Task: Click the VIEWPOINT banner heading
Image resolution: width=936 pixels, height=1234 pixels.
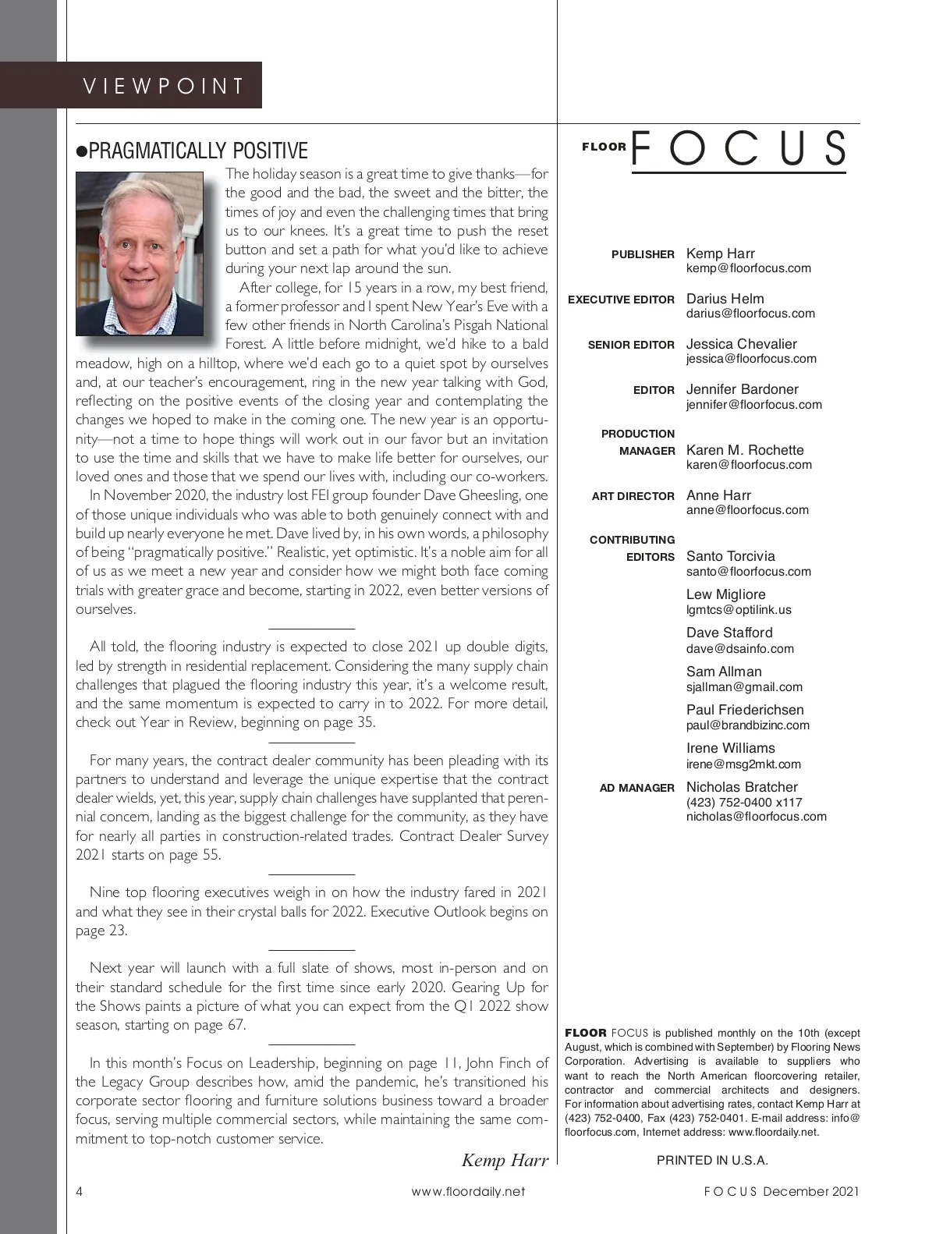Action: [163, 85]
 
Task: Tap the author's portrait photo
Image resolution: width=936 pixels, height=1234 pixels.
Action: [140, 254]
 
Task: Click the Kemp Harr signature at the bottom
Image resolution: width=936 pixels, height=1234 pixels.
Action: [505, 1160]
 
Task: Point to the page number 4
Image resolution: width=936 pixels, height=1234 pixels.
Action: [80, 1191]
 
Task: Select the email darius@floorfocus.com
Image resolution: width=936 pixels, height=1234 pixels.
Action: [750, 314]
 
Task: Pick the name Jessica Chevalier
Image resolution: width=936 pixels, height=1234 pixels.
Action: [741, 344]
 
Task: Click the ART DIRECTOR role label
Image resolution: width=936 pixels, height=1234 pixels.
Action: [633, 496]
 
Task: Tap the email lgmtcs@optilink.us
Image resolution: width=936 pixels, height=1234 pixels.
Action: [739, 610]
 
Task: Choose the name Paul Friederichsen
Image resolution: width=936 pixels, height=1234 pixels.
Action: [745, 710]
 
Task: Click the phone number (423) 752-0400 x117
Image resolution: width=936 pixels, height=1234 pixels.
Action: [744, 802]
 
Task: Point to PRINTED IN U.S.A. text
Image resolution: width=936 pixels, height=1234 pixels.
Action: [712, 1160]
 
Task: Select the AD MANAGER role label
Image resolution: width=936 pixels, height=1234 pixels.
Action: [636, 788]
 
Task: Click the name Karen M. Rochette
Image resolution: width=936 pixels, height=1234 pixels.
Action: [745, 450]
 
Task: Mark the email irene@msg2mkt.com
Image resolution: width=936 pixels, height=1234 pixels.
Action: [743, 764]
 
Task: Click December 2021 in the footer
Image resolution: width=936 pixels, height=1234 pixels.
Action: [811, 1191]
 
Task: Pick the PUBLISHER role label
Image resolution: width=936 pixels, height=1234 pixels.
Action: [643, 254]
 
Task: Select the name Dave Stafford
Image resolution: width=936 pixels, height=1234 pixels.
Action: [729, 633]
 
